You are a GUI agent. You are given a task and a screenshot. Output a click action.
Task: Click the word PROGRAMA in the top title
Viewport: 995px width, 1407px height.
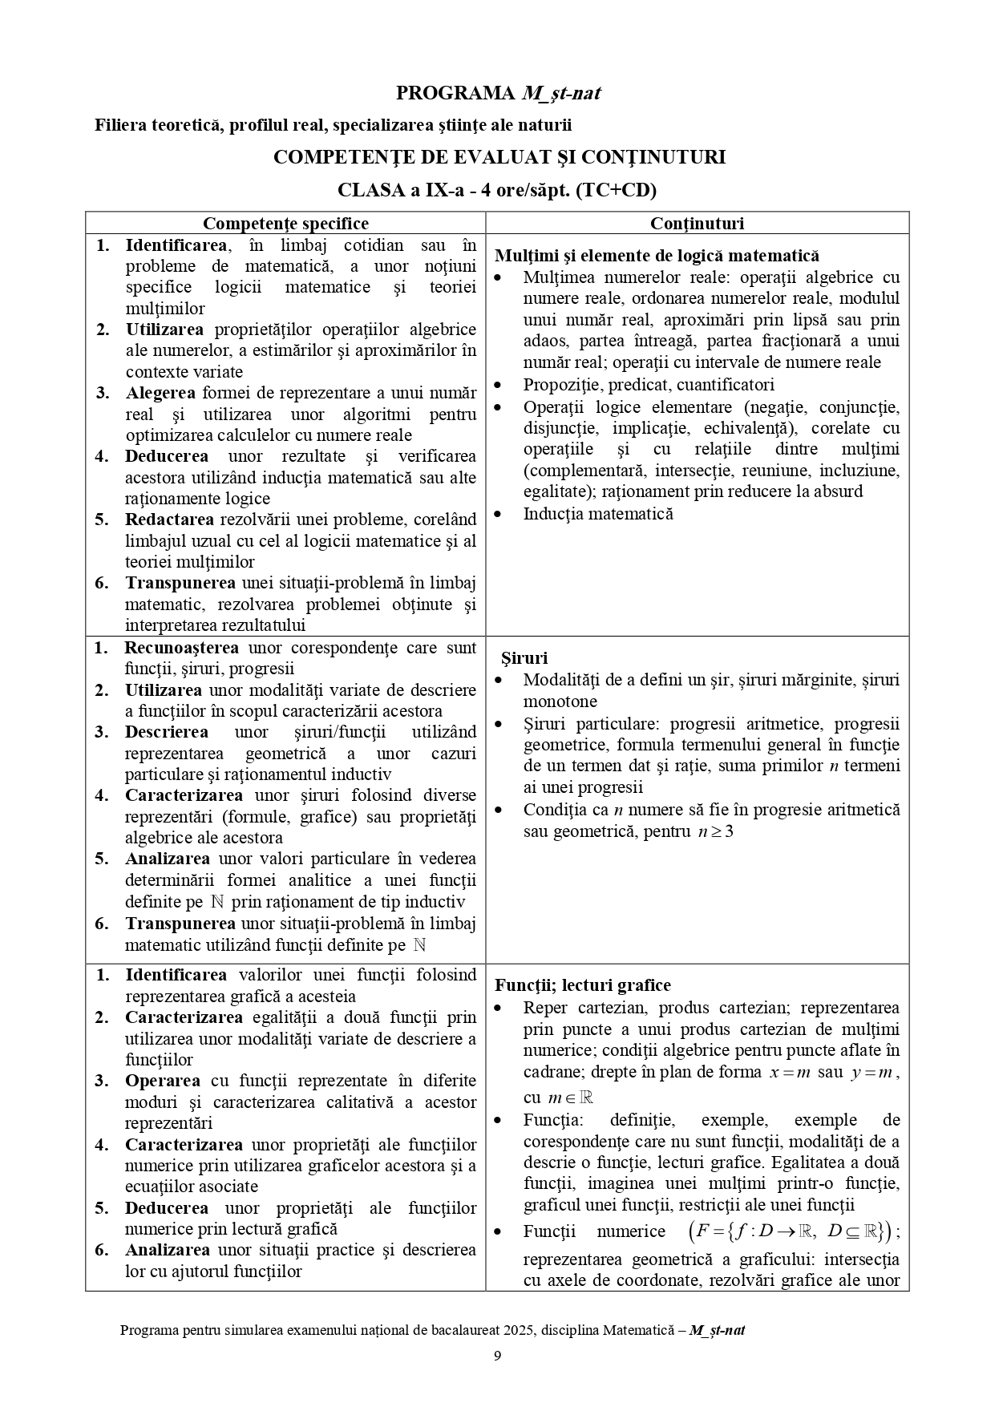[455, 94]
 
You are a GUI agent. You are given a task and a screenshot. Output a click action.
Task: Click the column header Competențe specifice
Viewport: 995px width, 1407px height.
[285, 224]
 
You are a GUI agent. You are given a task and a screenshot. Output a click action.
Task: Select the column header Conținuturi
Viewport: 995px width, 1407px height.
[697, 224]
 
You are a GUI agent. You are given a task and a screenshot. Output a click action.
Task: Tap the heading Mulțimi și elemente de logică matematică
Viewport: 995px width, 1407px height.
[657, 256]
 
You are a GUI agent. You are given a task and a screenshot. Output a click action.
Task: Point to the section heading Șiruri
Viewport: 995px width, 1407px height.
[524, 658]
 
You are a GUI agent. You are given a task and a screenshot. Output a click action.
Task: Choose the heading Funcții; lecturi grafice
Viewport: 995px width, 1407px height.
[583, 985]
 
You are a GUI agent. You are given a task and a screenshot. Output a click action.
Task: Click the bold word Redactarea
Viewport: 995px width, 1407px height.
[164, 520]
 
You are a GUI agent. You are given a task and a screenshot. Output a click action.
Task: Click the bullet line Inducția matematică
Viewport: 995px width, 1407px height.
[597, 514]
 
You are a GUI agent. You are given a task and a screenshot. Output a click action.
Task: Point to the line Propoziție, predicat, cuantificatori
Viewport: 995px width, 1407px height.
[649, 385]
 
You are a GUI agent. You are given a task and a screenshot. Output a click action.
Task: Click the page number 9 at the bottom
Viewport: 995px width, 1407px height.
[497, 1356]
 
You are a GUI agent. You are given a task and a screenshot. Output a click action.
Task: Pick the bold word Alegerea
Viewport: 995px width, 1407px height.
[160, 393]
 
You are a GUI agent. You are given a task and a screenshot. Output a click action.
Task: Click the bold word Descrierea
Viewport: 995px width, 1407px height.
[166, 732]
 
